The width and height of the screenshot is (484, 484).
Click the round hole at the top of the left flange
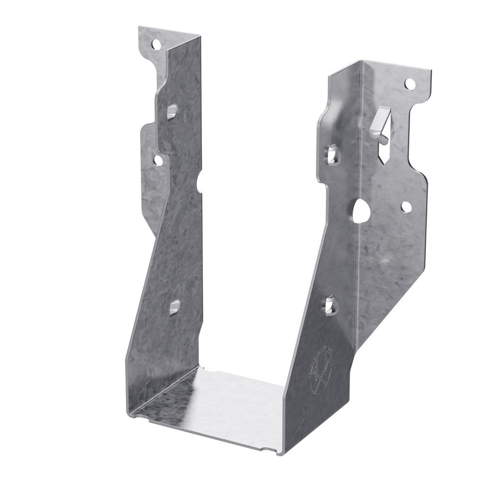click(x=156, y=45)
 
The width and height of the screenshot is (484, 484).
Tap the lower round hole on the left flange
click(x=158, y=160)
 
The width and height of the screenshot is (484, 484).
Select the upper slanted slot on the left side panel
click(x=172, y=112)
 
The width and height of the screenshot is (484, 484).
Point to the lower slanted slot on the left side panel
click(x=174, y=307)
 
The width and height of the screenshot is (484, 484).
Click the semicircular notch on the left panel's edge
click(x=199, y=182)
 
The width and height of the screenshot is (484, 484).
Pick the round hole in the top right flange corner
click(x=410, y=84)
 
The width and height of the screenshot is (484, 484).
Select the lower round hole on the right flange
click(x=406, y=207)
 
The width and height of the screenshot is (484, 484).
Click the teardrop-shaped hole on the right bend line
click(x=361, y=211)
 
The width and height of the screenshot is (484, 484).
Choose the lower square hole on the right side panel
click(x=331, y=305)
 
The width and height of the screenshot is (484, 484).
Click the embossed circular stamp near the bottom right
click(x=320, y=373)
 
